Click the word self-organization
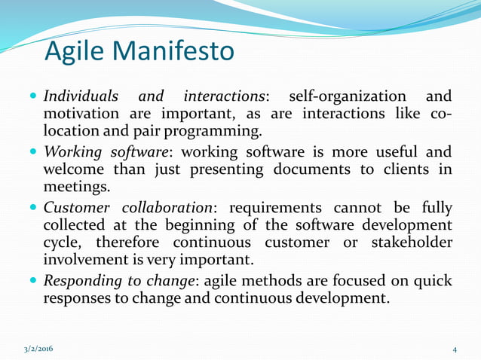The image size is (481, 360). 353,97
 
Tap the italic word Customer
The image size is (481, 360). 76,208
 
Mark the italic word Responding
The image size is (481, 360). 82,281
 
